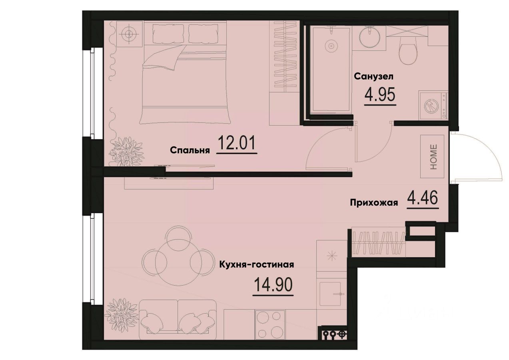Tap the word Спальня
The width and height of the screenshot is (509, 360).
click(x=190, y=150)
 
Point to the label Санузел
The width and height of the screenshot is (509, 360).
click(x=374, y=76)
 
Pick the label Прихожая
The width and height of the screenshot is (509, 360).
click(x=374, y=203)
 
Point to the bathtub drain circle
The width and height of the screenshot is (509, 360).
click(x=331, y=46)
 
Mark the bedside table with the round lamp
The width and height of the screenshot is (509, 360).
click(x=128, y=33)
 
